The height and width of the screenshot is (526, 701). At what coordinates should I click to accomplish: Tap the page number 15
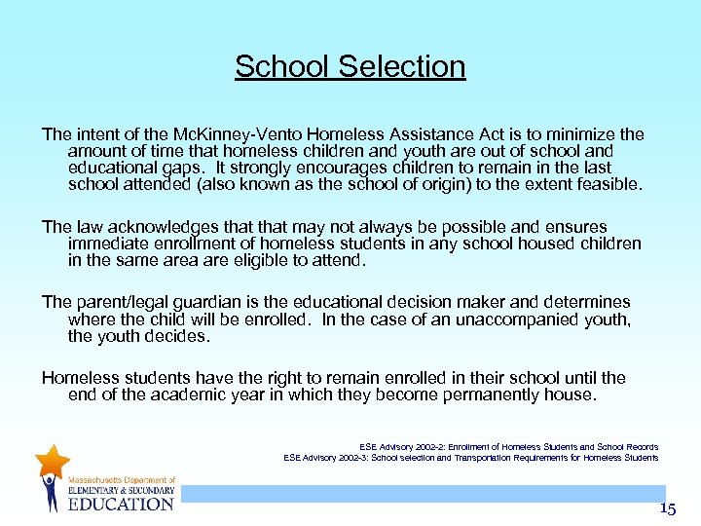[x=667, y=508]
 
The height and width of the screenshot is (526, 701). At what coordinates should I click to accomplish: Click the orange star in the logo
[x=52, y=461]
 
